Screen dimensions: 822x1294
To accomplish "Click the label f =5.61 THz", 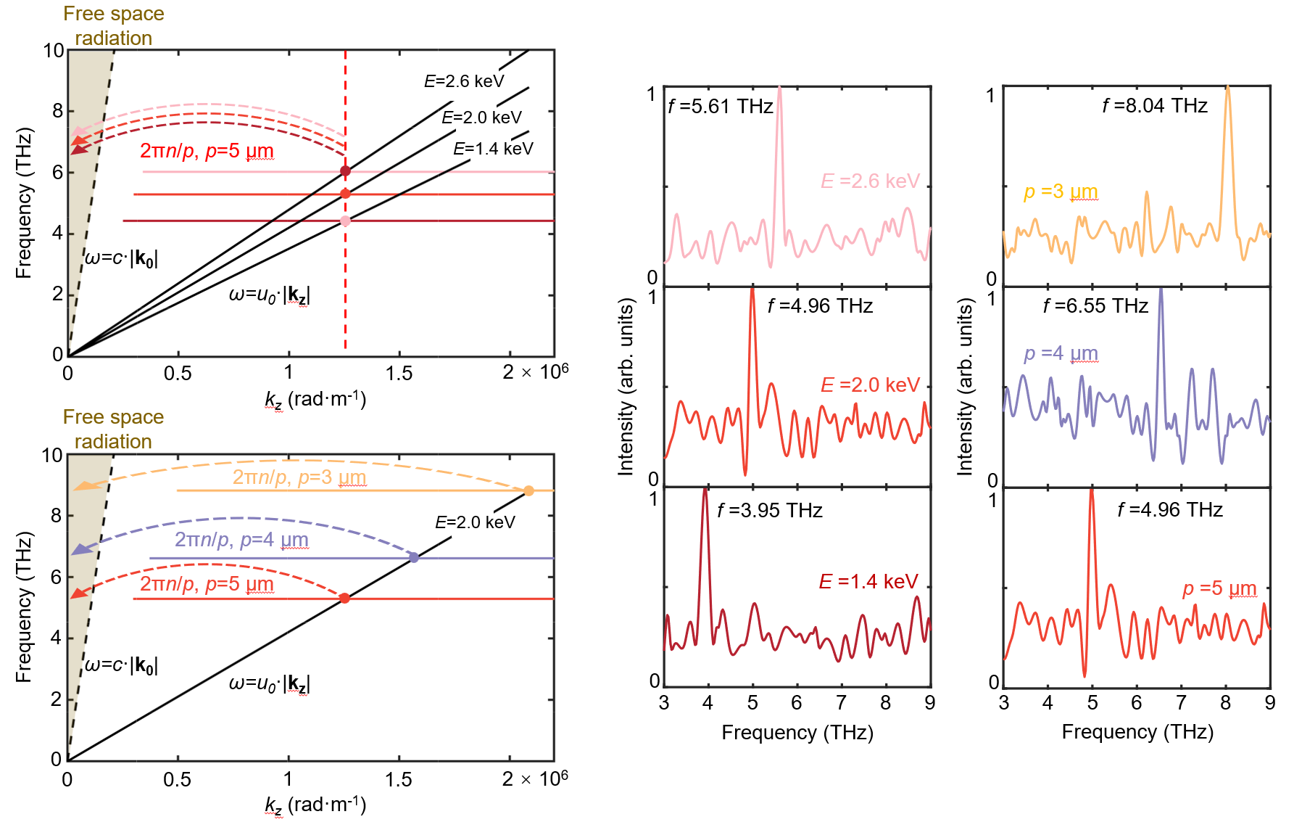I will coord(721,107).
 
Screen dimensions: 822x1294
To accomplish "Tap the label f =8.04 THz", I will coord(1154,106).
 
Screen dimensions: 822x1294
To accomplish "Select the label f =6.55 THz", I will coord(1095,306).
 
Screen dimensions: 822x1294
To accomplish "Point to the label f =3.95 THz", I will coord(769,511).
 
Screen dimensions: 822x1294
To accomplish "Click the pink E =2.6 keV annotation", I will coord(869,181).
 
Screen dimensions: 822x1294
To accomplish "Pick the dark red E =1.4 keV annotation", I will coord(868,582).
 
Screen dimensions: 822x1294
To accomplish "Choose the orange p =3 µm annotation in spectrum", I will coord(1060,192).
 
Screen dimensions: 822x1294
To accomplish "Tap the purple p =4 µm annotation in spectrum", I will coord(1060,354).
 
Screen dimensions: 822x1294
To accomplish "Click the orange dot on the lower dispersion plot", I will coord(528,491).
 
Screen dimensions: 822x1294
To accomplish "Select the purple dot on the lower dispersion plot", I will coord(414,558).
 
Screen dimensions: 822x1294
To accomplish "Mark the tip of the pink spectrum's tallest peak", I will coord(779,88).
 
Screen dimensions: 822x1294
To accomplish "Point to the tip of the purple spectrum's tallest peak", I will coord(1161,289).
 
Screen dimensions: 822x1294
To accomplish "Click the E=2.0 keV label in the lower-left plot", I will coord(475,522).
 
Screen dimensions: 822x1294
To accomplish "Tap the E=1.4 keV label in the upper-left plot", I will coord(493,149).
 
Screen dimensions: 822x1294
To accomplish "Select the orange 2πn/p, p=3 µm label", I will coord(299,477).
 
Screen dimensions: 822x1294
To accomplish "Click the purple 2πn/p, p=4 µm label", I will coord(241,540).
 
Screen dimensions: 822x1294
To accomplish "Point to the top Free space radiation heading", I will coord(113,25).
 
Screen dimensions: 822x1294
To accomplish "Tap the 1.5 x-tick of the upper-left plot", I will coord(399,374).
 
